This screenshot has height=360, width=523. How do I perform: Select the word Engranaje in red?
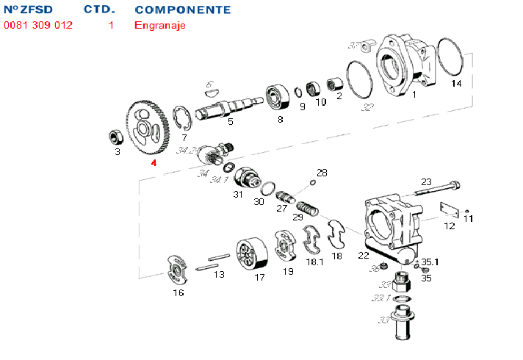point(160,25)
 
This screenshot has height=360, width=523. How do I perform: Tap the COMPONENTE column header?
point(183,10)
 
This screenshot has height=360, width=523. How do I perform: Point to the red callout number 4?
point(154,162)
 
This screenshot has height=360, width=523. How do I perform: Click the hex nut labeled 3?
point(115,136)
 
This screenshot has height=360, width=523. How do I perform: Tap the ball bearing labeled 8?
point(278,96)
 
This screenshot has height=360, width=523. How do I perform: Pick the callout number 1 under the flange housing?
point(413,95)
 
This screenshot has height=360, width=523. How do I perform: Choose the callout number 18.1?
point(315,262)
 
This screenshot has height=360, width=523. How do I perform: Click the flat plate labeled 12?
point(449,209)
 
